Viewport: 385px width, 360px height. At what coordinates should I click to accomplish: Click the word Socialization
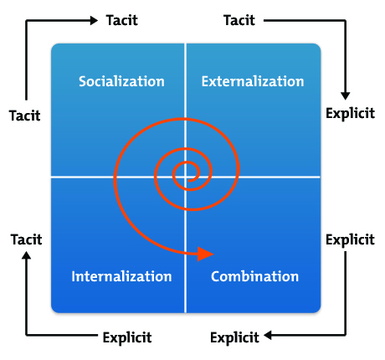pos(121,81)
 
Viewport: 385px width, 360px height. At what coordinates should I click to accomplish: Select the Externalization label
pos(253,81)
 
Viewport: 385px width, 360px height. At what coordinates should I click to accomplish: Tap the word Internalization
pos(121,276)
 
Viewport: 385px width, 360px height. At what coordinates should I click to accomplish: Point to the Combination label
pos(254,276)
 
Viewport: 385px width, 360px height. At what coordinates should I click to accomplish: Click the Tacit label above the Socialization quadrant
pos(121,20)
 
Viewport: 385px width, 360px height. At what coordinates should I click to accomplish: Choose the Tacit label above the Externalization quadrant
pos(239,20)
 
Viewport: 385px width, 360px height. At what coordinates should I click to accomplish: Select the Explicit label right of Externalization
pos(349,114)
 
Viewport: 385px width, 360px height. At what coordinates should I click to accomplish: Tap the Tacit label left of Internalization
pos(26,239)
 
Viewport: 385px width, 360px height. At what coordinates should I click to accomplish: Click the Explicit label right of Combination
pos(349,239)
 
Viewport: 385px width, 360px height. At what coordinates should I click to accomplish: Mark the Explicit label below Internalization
pos(126,338)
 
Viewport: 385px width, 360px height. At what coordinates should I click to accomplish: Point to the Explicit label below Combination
pos(234,338)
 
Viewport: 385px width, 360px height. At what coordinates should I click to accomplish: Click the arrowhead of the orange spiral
pos(206,253)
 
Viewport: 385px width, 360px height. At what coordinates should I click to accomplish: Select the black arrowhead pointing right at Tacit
pos(95,20)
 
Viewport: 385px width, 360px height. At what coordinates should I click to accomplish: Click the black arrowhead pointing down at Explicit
pos(345,95)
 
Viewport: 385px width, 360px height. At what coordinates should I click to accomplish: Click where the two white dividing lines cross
pos(186,177)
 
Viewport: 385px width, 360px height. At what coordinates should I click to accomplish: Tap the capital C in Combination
pos(216,276)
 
